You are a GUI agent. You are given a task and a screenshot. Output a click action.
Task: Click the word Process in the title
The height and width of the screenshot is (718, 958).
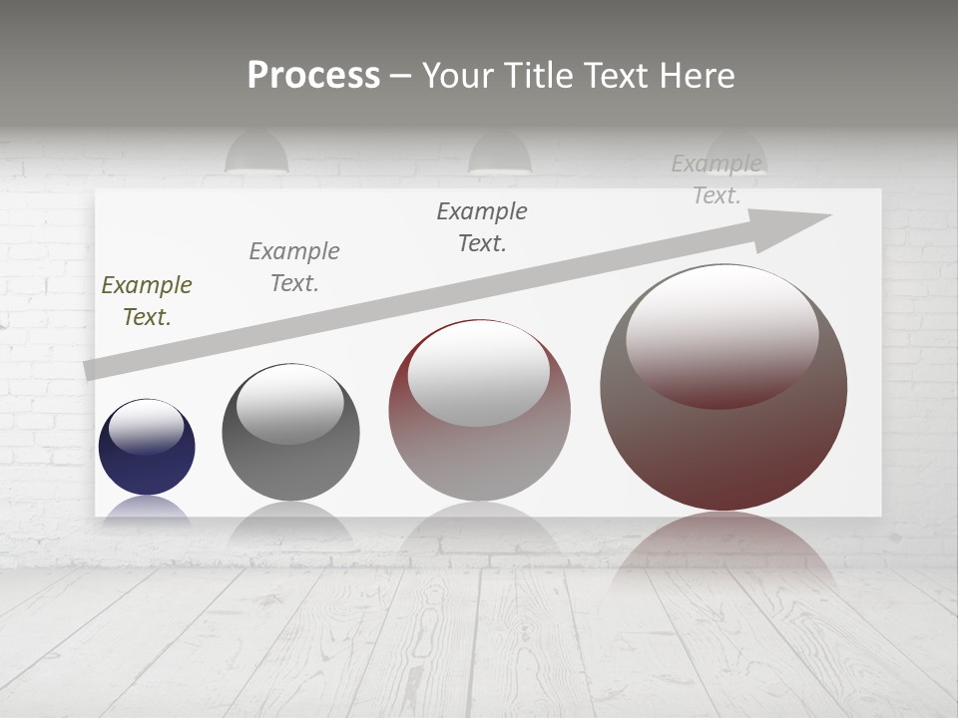coord(313,75)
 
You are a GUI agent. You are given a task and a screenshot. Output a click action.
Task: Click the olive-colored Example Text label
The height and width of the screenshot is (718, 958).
coord(147,300)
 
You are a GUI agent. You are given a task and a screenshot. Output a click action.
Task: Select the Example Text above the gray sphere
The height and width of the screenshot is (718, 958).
coord(294,266)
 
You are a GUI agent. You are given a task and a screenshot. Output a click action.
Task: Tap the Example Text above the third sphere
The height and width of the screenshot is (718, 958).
coord(482,226)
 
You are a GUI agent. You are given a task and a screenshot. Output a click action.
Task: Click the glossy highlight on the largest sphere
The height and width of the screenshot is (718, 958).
coord(722,334)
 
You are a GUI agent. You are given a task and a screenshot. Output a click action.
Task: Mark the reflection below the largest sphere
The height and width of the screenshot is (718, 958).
coord(723,543)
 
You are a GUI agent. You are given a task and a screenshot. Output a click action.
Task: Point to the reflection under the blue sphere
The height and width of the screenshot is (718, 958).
coord(147,509)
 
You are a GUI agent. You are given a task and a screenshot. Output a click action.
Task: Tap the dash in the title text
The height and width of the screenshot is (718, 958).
coord(400,76)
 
